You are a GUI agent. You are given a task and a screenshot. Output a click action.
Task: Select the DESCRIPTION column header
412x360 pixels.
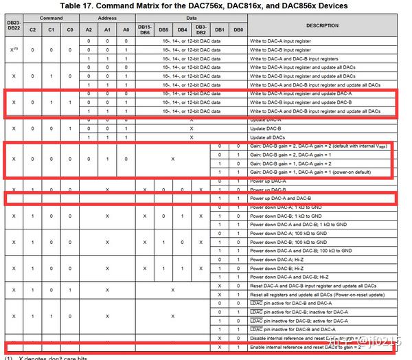[322, 25]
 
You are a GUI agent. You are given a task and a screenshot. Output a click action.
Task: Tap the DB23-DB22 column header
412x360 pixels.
[13, 25]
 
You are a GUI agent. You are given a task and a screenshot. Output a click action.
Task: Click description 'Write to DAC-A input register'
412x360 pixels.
[282, 42]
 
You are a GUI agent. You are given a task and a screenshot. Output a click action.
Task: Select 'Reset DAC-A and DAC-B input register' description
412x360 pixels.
[309, 285]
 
